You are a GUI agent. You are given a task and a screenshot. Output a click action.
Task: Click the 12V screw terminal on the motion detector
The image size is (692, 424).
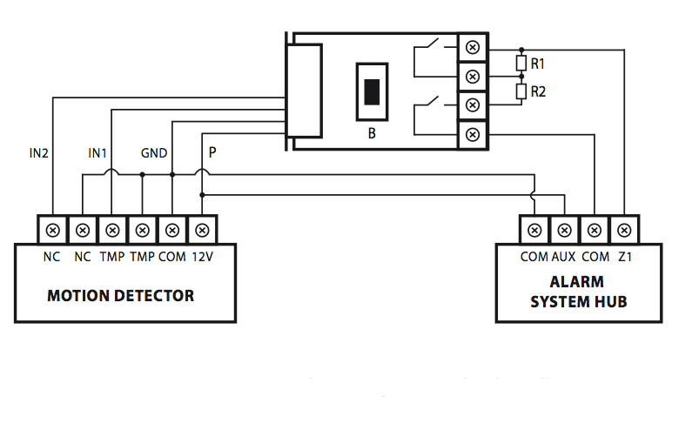point(202,231)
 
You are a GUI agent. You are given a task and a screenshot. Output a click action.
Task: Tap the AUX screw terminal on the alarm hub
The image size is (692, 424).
point(564,231)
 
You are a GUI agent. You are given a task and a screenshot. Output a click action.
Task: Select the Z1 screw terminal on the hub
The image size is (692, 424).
point(623,231)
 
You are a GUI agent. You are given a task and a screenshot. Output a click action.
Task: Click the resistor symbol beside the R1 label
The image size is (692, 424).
point(521,64)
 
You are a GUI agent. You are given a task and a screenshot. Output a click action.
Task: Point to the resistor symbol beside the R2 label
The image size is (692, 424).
point(521,91)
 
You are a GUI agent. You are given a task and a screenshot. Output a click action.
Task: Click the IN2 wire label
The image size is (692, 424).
point(37,153)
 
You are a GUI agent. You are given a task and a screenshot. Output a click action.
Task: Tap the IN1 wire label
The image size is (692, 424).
point(97,153)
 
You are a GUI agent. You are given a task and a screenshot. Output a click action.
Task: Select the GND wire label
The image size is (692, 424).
point(154,153)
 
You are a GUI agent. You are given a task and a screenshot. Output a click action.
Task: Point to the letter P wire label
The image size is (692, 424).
point(212,152)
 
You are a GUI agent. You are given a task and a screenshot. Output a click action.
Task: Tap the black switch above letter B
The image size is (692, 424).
point(372,91)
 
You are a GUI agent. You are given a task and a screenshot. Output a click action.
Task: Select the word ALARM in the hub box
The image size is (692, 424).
point(576,283)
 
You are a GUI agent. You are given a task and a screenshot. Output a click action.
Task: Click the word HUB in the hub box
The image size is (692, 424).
point(611,301)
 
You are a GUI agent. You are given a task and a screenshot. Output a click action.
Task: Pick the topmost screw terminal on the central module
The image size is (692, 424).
point(472,46)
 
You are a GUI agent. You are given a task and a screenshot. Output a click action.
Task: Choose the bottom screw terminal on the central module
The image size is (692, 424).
point(472,134)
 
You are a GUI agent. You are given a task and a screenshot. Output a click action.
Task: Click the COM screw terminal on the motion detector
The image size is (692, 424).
point(172,231)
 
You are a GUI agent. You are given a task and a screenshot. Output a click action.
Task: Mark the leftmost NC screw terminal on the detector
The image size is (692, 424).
point(53,231)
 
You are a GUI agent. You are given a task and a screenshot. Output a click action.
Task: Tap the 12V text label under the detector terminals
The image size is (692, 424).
point(202,257)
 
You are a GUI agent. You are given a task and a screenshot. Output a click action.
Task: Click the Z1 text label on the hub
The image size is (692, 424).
point(623,257)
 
